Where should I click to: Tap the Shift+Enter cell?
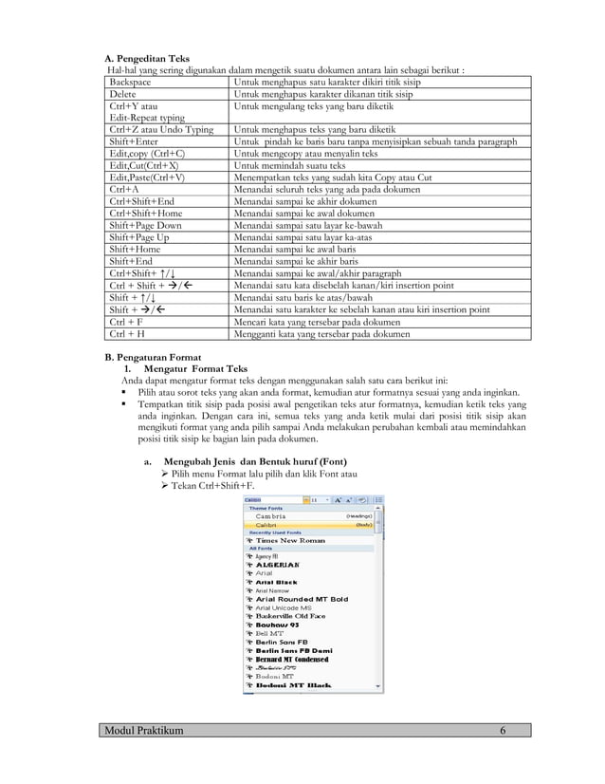point(135,141)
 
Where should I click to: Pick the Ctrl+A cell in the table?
point(124,189)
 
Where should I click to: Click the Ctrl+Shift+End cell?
point(142,201)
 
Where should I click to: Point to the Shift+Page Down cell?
point(146,225)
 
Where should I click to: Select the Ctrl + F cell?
point(127,322)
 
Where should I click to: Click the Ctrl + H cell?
point(127,334)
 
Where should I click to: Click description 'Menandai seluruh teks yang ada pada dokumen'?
point(329,189)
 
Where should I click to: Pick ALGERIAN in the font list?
point(282,564)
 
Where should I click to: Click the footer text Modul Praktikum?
point(145,729)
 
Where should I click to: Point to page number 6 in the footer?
point(503,729)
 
